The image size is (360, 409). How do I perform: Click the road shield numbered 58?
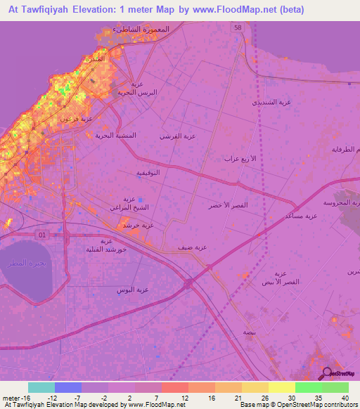tap(238, 27)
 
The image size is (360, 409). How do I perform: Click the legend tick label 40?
tap(345, 397)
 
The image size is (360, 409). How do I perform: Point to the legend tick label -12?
tap(53, 397)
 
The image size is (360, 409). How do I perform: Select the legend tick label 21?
tap(238, 397)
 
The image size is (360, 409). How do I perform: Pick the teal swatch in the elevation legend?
tap(41, 387)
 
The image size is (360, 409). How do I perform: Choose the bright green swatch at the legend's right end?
tap(335, 387)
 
